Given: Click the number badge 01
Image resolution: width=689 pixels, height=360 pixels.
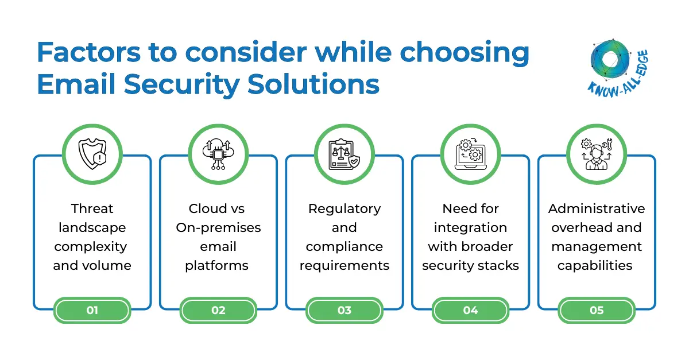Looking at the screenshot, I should click(92, 310).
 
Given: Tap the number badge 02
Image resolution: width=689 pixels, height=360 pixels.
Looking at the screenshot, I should click(218, 310).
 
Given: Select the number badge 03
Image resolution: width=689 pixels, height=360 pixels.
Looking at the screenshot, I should click(344, 310).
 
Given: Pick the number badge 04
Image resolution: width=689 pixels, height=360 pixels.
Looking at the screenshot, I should click(470, 310).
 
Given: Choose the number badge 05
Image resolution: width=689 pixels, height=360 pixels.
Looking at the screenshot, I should click(597, 310).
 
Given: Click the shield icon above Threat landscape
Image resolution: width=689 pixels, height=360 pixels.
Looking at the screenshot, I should click(92, 153).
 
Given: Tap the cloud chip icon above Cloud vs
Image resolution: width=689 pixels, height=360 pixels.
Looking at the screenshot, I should click(218, 153).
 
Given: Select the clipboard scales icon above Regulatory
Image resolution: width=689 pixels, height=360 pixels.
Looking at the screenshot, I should click(344, 153).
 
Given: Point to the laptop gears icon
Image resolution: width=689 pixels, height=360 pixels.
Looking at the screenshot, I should click(470, 153).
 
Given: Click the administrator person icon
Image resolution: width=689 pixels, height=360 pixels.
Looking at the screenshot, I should click(597, 153).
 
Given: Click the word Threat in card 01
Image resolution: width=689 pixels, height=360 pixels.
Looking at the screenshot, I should click(92, 208).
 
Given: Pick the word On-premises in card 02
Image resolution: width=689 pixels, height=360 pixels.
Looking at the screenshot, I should click(218, 227).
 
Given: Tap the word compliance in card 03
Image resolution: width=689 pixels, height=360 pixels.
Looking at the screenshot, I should click(344, 246).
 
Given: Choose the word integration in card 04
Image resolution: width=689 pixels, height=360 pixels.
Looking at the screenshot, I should click(470, 227).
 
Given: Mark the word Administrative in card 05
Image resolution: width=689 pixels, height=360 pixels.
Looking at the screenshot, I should click(597, 208).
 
